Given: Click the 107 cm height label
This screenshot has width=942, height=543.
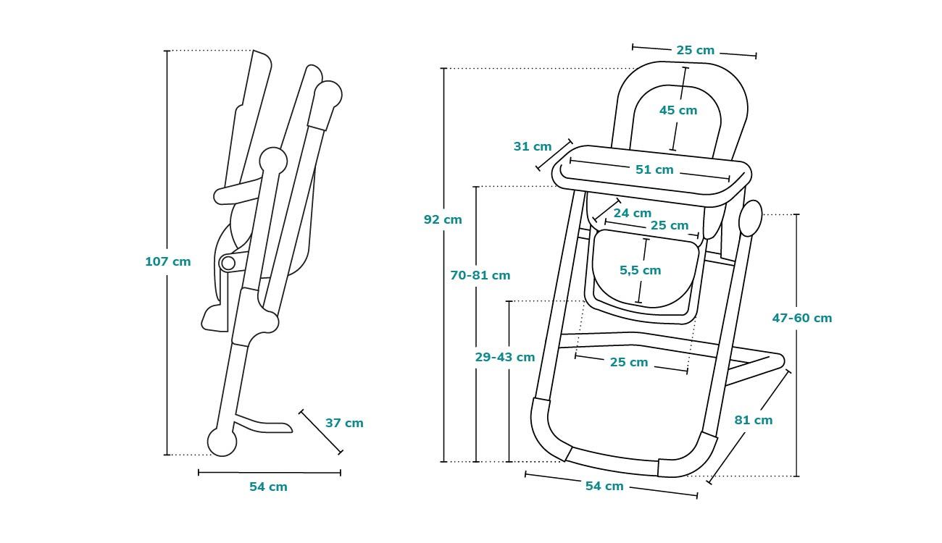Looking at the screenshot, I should point(167,261).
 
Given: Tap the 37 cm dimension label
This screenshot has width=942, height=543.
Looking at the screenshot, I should point(344,423).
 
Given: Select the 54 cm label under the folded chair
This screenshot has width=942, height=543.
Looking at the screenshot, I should point(268,487).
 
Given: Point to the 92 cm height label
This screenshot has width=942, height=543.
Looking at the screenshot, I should point(443,219).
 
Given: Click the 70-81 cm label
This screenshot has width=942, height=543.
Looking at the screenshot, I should point(480,275).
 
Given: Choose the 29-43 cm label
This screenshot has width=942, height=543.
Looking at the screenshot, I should point(505,357).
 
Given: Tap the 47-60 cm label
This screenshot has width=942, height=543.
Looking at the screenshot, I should point(802,318).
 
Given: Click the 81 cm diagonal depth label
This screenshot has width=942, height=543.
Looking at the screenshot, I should point(753,420).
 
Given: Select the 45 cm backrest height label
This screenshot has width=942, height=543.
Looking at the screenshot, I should point(678,110).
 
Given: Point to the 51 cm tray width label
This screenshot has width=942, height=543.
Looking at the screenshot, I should point(654,169).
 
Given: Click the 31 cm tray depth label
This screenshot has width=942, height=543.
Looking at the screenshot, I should point(533,146).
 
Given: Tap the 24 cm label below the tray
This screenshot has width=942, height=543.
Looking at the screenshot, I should point(632,213).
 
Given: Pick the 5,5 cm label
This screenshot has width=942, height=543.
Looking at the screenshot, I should point(640,270).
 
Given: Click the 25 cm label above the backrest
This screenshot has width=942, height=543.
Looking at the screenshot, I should point(695,51).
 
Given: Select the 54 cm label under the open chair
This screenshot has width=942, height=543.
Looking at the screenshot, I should point(604,486).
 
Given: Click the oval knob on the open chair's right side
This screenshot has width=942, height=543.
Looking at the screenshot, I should point(751,218).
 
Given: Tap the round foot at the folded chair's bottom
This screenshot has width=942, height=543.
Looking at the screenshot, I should point(222,442).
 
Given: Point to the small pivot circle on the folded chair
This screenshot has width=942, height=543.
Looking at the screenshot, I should point(228,262).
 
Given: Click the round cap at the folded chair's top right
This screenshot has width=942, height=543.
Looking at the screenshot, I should point(328,94).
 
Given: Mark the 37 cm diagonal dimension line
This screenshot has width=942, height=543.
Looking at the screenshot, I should point(320,432).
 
